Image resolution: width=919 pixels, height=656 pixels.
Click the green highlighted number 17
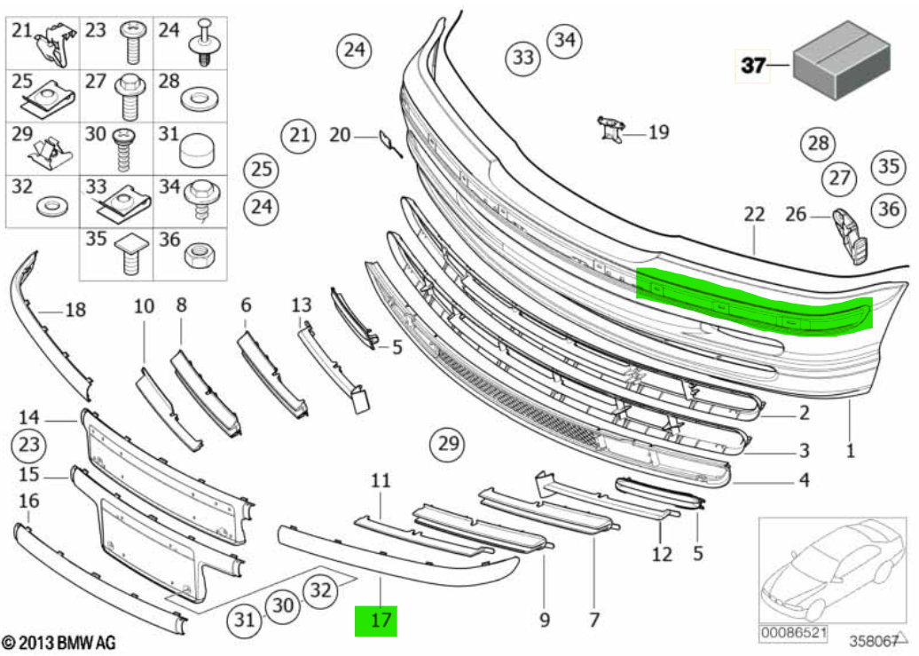coord(376,620)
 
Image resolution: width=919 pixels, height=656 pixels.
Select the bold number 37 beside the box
coord(752,65)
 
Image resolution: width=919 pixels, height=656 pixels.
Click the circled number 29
coord(448,444)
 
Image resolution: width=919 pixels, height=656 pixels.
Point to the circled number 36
coord(889,209)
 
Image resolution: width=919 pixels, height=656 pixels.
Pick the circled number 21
coord(299,136)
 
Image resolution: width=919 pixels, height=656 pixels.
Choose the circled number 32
coord(320,589)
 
